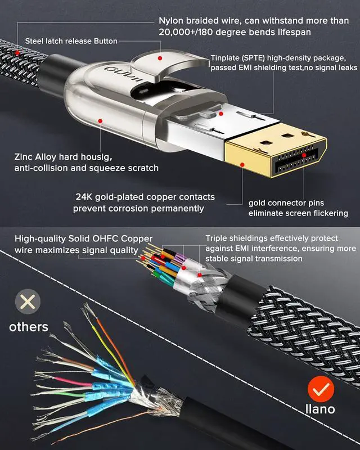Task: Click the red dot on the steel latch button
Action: point(160,58)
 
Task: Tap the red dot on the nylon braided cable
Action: point(17,53)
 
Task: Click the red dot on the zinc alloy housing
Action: point(100,121)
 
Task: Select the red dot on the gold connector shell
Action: point(242,165)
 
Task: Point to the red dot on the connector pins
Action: point(304,155)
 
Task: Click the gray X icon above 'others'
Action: point(28,301)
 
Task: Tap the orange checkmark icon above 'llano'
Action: point(321,389)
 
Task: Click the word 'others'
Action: point(29,327)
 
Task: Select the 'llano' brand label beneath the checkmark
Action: point(320,409)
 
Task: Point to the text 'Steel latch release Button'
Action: point(71,41)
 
